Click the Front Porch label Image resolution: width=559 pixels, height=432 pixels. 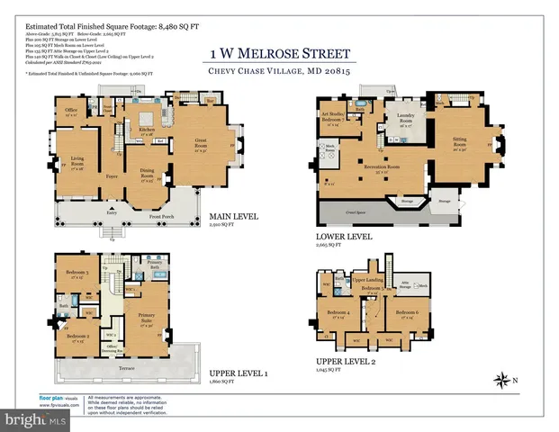click(x=185, y=218)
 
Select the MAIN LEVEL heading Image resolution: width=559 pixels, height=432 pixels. click(x=233, y=216)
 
